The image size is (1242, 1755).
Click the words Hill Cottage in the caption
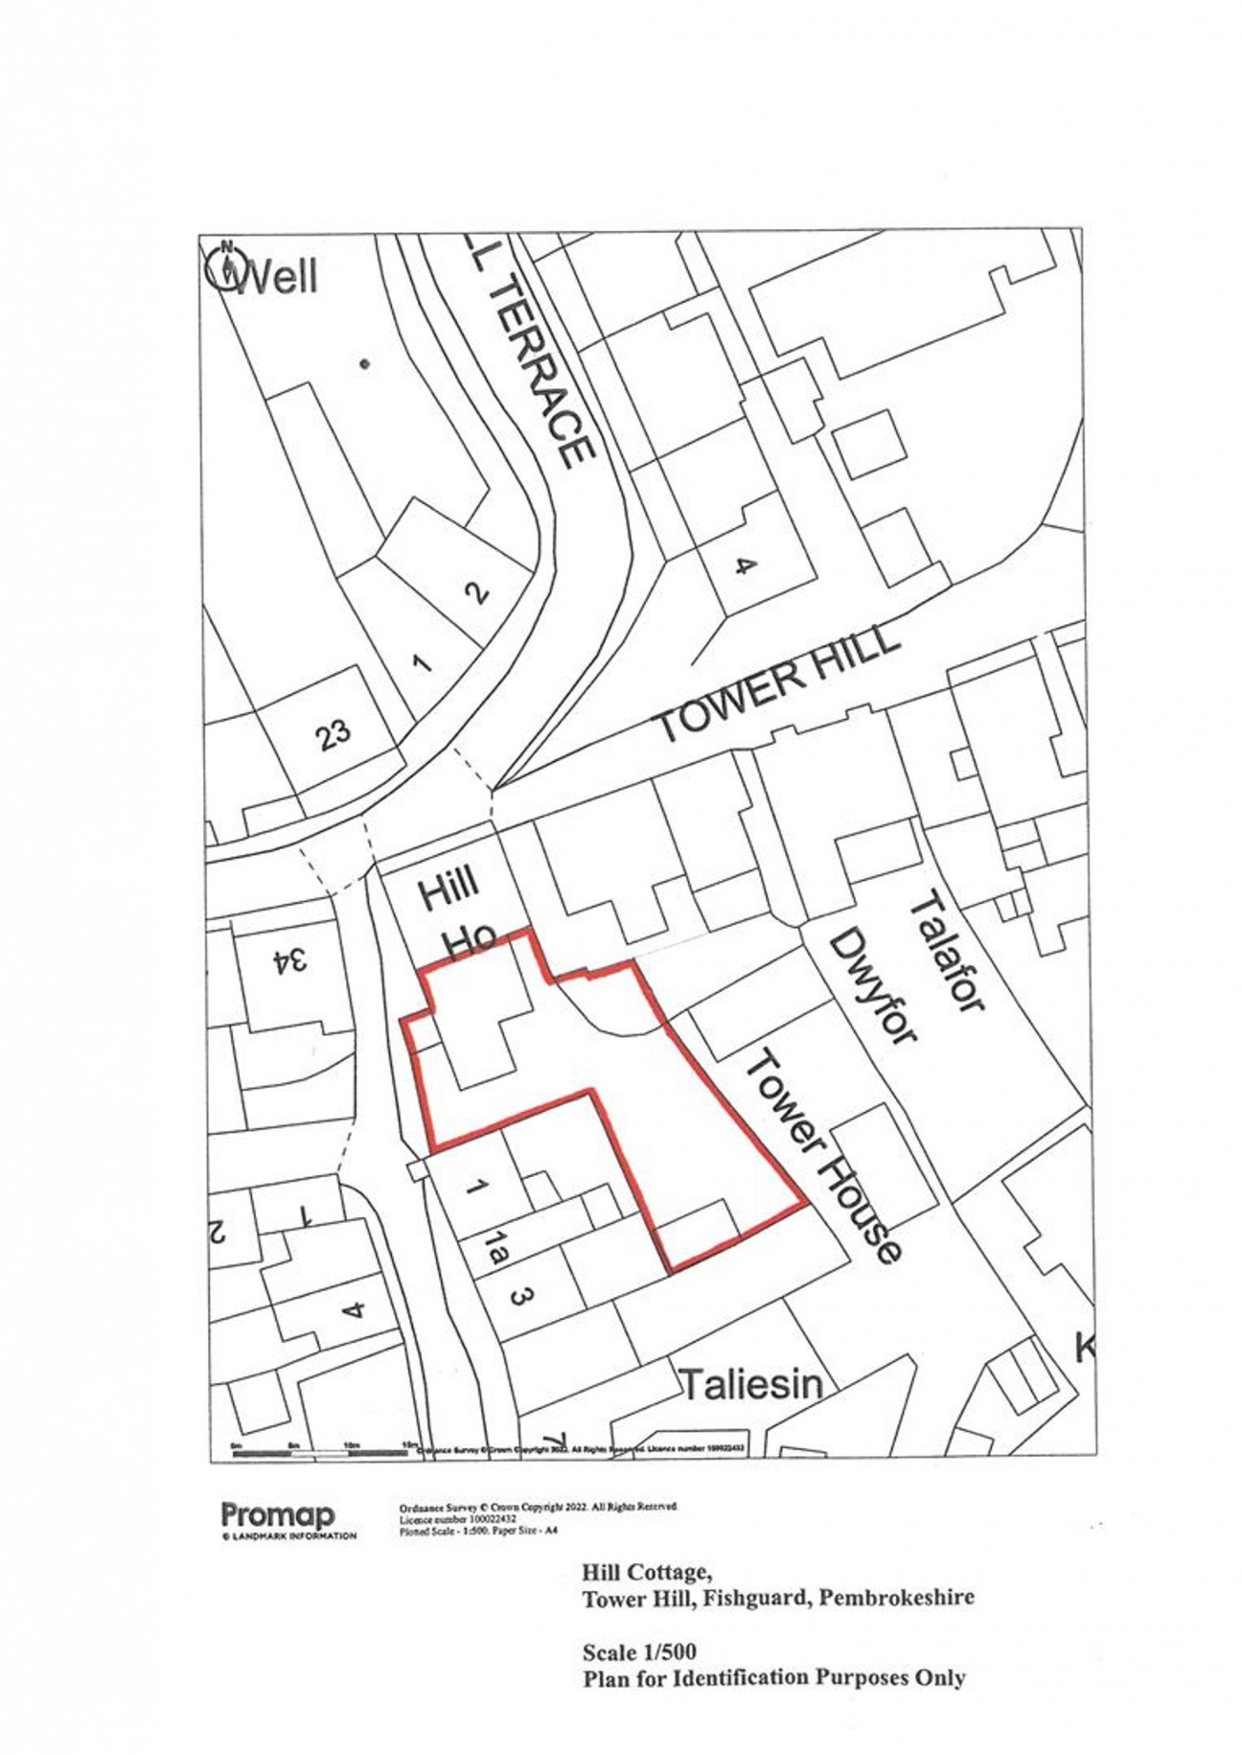[x=646, y=1572]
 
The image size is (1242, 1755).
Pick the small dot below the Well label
[x=364, y=363]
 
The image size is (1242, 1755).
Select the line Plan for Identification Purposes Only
[x=773, y=1677]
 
